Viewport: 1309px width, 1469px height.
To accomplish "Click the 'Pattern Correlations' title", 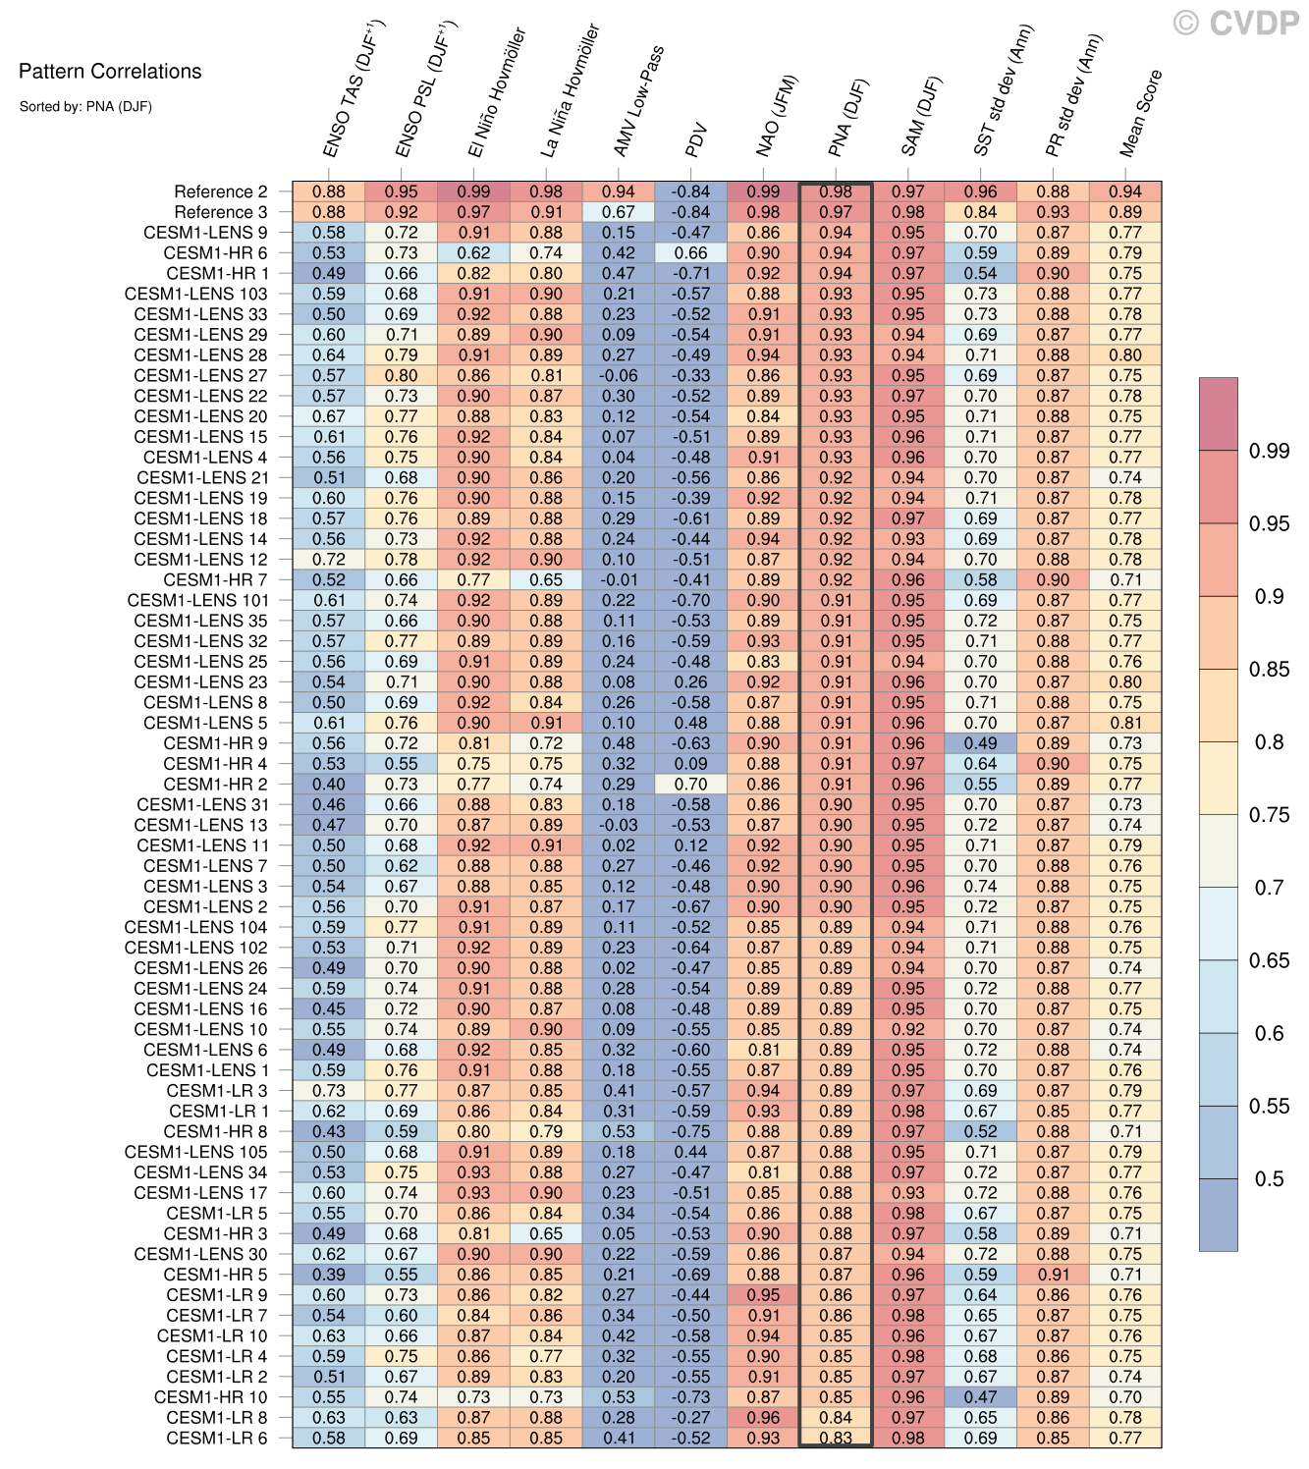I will tap(110, 72).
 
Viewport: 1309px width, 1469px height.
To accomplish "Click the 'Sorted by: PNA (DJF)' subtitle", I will tap(85, 107).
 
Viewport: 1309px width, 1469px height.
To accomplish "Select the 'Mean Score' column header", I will tap(1140, 114).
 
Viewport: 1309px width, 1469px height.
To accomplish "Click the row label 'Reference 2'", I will tap(221, 192).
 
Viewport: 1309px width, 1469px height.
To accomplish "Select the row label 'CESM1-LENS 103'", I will tap(195, 295).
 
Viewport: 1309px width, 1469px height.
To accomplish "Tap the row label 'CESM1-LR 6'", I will tap(216, 1439).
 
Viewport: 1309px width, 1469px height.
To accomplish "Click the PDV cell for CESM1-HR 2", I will tap(691, 785).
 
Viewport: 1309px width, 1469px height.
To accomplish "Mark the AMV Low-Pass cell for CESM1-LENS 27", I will tap(619, 376).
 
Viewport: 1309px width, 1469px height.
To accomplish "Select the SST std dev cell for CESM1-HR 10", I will tap(980, 1397).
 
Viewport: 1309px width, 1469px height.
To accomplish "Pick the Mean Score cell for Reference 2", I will tap(1125, 192).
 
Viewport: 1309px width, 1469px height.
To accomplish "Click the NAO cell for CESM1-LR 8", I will tap(763, 1418).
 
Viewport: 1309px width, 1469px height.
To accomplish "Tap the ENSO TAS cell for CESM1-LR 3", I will tap(329, 1091).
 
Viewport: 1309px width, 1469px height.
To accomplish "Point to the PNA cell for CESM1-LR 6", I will tap(836, 1439).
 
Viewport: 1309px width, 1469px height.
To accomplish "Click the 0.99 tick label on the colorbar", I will tap(1269, 451).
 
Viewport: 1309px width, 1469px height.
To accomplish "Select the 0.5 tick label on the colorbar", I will tap(1269, 1179).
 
